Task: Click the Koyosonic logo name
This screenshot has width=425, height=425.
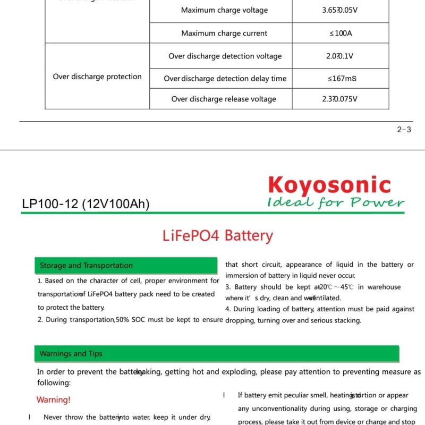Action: tap(329, 185)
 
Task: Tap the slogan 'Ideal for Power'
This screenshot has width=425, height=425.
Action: tap(336, 202)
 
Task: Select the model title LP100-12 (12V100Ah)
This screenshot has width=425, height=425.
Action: tap(86, 204)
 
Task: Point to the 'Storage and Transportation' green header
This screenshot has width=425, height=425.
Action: tap(87, 266)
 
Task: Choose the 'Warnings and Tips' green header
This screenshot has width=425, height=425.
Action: tap(71, 354)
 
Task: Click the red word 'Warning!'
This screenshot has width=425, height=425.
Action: tap(53, 399)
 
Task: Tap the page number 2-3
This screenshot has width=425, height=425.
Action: tap(404, 129)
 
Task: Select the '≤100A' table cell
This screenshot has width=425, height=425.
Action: tap(341, 33)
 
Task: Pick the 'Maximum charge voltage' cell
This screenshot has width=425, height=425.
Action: tap(224, 10)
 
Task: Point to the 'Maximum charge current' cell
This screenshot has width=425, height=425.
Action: tap(224, 33)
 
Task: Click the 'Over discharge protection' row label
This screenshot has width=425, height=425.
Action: tap(97, 76)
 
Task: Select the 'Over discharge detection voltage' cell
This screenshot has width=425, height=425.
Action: tap(225, 56)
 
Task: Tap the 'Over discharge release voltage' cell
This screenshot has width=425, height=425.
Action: tap(224, 99)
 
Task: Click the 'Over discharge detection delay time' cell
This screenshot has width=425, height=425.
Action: tap(225, 79)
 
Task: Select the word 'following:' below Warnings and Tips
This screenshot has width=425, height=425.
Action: tap(54, 382)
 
